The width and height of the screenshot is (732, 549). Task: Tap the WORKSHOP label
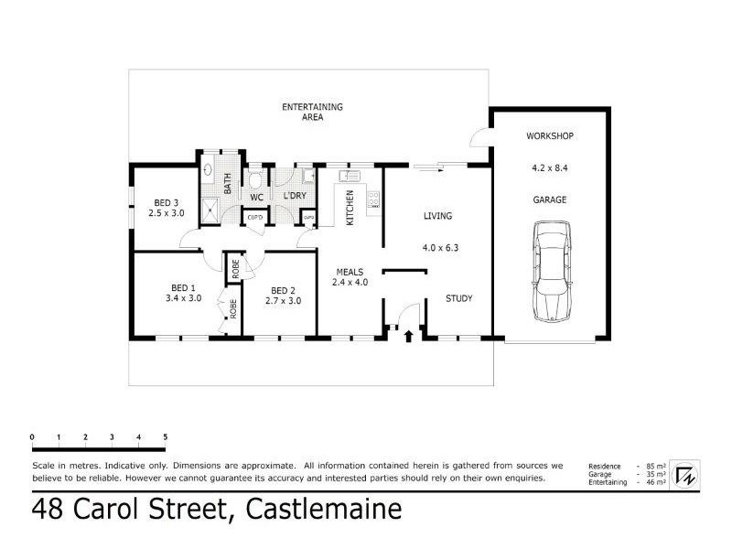click(x=549, y=136)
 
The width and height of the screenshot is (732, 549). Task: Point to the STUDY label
click(x=458, y=298)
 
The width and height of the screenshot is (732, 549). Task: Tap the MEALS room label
click(x=350, y=272)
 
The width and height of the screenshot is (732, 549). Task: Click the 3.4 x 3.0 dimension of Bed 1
click(x=183, y=298)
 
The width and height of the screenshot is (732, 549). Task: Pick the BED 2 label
click(x=283, y=289)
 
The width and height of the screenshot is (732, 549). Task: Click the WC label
click(x=256, y=197)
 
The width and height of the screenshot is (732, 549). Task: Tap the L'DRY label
click(x=294, y=197)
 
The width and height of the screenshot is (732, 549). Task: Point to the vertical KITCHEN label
click(x=349, y=205)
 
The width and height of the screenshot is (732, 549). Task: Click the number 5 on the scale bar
click(x=165, y=436)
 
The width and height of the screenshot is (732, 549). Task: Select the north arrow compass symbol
click(x=684, y=475)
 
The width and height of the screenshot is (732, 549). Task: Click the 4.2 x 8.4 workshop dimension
click(x=549, y=167)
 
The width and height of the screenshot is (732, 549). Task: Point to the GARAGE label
click(x=549, y=199)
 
